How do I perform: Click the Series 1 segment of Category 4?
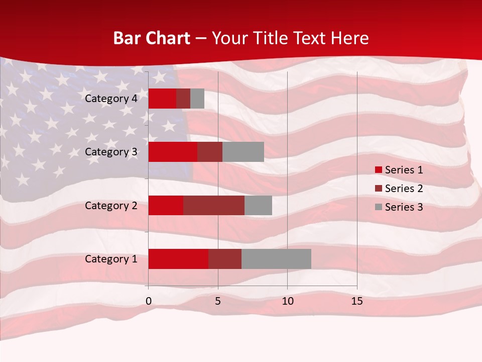(x=162, y=99)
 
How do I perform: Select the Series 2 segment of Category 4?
(x=183, y=99)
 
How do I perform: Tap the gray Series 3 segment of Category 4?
(x=197, y=99)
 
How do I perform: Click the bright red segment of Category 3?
(x=173, y=152)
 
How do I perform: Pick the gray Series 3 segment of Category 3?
(x=243, y=152)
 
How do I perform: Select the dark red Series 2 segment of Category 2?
(x=214, y=205)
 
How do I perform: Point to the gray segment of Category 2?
(x=258, y=205)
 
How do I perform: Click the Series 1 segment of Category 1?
(x=178, y=259)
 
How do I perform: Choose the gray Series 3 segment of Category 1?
(x=276, y=259)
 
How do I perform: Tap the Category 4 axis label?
(x=111, y=99)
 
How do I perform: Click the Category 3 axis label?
(x=111, y=152)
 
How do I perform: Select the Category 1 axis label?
(x=111, y=259)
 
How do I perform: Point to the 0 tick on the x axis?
(x=149, y=301)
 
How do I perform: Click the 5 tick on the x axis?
(x=218, y=301)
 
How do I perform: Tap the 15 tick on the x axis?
(x=357, y=301)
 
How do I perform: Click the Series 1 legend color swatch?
(x=379, y=170)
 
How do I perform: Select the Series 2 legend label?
(x=404, y=189)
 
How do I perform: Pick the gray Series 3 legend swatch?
(x=379, y=207)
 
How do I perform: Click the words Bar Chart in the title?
(x=152, y=38)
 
